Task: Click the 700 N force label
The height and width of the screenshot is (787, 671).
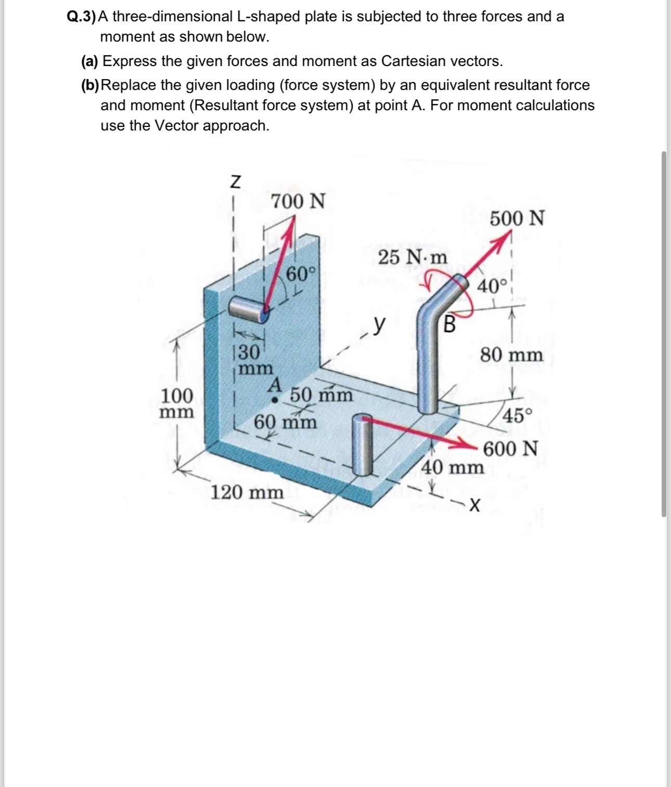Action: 298,201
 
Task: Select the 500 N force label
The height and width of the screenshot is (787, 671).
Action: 517,218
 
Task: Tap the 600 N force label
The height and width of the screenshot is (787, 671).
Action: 510,448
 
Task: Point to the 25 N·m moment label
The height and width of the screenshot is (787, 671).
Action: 412,257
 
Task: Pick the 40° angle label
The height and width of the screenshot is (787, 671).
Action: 492,286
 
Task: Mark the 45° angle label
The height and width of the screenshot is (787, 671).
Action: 518,415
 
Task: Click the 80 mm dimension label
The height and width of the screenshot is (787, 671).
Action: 511,356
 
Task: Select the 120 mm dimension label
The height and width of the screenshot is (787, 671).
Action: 247,492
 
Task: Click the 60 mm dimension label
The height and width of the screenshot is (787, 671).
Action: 285,422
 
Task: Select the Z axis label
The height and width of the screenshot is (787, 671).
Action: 236,182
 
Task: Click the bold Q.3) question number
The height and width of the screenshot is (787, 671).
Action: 82,17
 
